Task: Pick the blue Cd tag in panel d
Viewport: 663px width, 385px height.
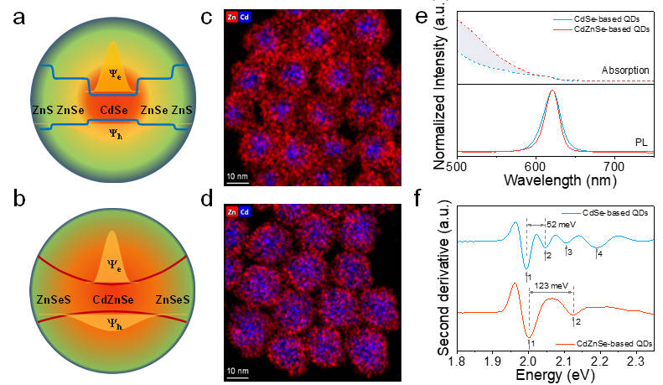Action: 245,210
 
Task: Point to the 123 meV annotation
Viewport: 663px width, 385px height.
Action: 552,286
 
